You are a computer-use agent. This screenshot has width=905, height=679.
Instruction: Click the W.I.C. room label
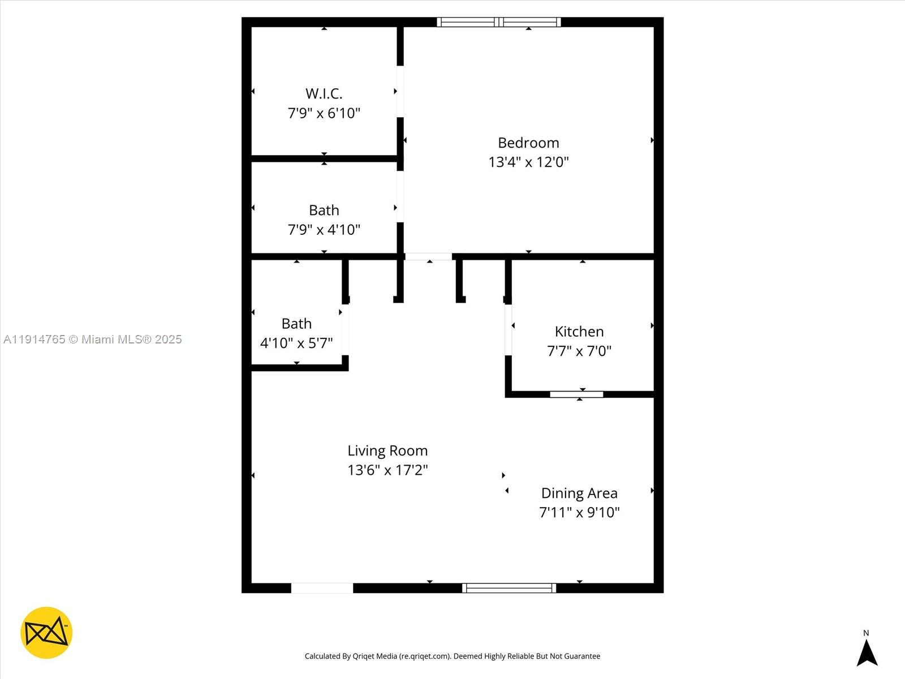[x=324, y=93]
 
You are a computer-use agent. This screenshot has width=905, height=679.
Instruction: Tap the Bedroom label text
[x=528, y=143]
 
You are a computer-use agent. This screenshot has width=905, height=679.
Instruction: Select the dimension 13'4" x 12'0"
[x=528, y=162]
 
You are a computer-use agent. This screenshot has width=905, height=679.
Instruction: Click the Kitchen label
[x=579, y=332]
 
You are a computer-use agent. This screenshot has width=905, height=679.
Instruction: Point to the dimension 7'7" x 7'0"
[x=579, y=351]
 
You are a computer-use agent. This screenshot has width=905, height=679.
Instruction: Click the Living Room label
[x=387, y=451]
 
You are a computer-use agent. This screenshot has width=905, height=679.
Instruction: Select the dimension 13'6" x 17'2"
[x=387, y=470]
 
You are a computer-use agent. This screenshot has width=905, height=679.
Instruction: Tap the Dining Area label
[x=579, y=493]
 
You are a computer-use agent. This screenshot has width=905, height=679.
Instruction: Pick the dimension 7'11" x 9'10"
[x=579, y=513]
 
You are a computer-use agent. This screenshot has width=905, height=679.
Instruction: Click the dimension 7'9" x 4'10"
[x=324, y=230]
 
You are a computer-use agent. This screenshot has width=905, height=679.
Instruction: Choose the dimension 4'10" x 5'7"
[x=296, y=343]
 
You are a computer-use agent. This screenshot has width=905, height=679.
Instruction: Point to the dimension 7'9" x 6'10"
[x=324, y=113]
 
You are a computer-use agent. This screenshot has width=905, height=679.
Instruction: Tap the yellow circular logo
[x=46, y=633]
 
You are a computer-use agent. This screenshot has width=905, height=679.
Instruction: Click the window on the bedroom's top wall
[x=499, y=22]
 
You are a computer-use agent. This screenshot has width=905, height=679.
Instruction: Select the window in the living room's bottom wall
[x=509, y=588]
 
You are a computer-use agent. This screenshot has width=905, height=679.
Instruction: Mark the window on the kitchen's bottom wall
[x=576, y=394]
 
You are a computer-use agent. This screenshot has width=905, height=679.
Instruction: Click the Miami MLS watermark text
[x=93, y=339]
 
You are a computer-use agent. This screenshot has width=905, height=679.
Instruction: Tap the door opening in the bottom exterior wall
[x=322, y=588]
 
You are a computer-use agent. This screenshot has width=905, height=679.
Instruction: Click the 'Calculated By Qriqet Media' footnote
[x=453, y=656]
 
